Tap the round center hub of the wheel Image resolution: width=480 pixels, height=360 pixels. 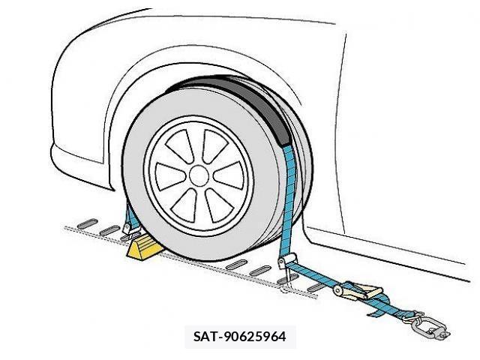(199, 175)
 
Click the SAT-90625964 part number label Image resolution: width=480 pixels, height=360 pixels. (240, 337)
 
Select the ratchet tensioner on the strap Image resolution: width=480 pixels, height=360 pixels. (358, 291)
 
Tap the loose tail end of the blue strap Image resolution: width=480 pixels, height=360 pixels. (376, 313)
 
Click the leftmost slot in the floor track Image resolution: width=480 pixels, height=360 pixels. (88, 223)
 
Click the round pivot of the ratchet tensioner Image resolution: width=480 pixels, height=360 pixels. (338, 290)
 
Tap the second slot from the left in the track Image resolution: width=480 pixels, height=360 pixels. (110, 230)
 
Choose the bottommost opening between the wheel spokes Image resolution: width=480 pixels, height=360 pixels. (183, 205)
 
